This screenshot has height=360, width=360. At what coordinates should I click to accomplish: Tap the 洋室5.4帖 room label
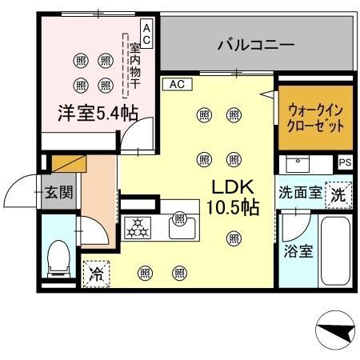click(90, 113)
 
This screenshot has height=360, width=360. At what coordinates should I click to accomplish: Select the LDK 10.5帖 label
click(233, 198)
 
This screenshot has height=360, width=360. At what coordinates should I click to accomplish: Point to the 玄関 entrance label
click(58, 192)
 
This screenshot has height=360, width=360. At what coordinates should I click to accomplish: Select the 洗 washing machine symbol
click(339, 193)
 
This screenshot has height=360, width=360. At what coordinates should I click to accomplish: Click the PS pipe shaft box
click(345, 162)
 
